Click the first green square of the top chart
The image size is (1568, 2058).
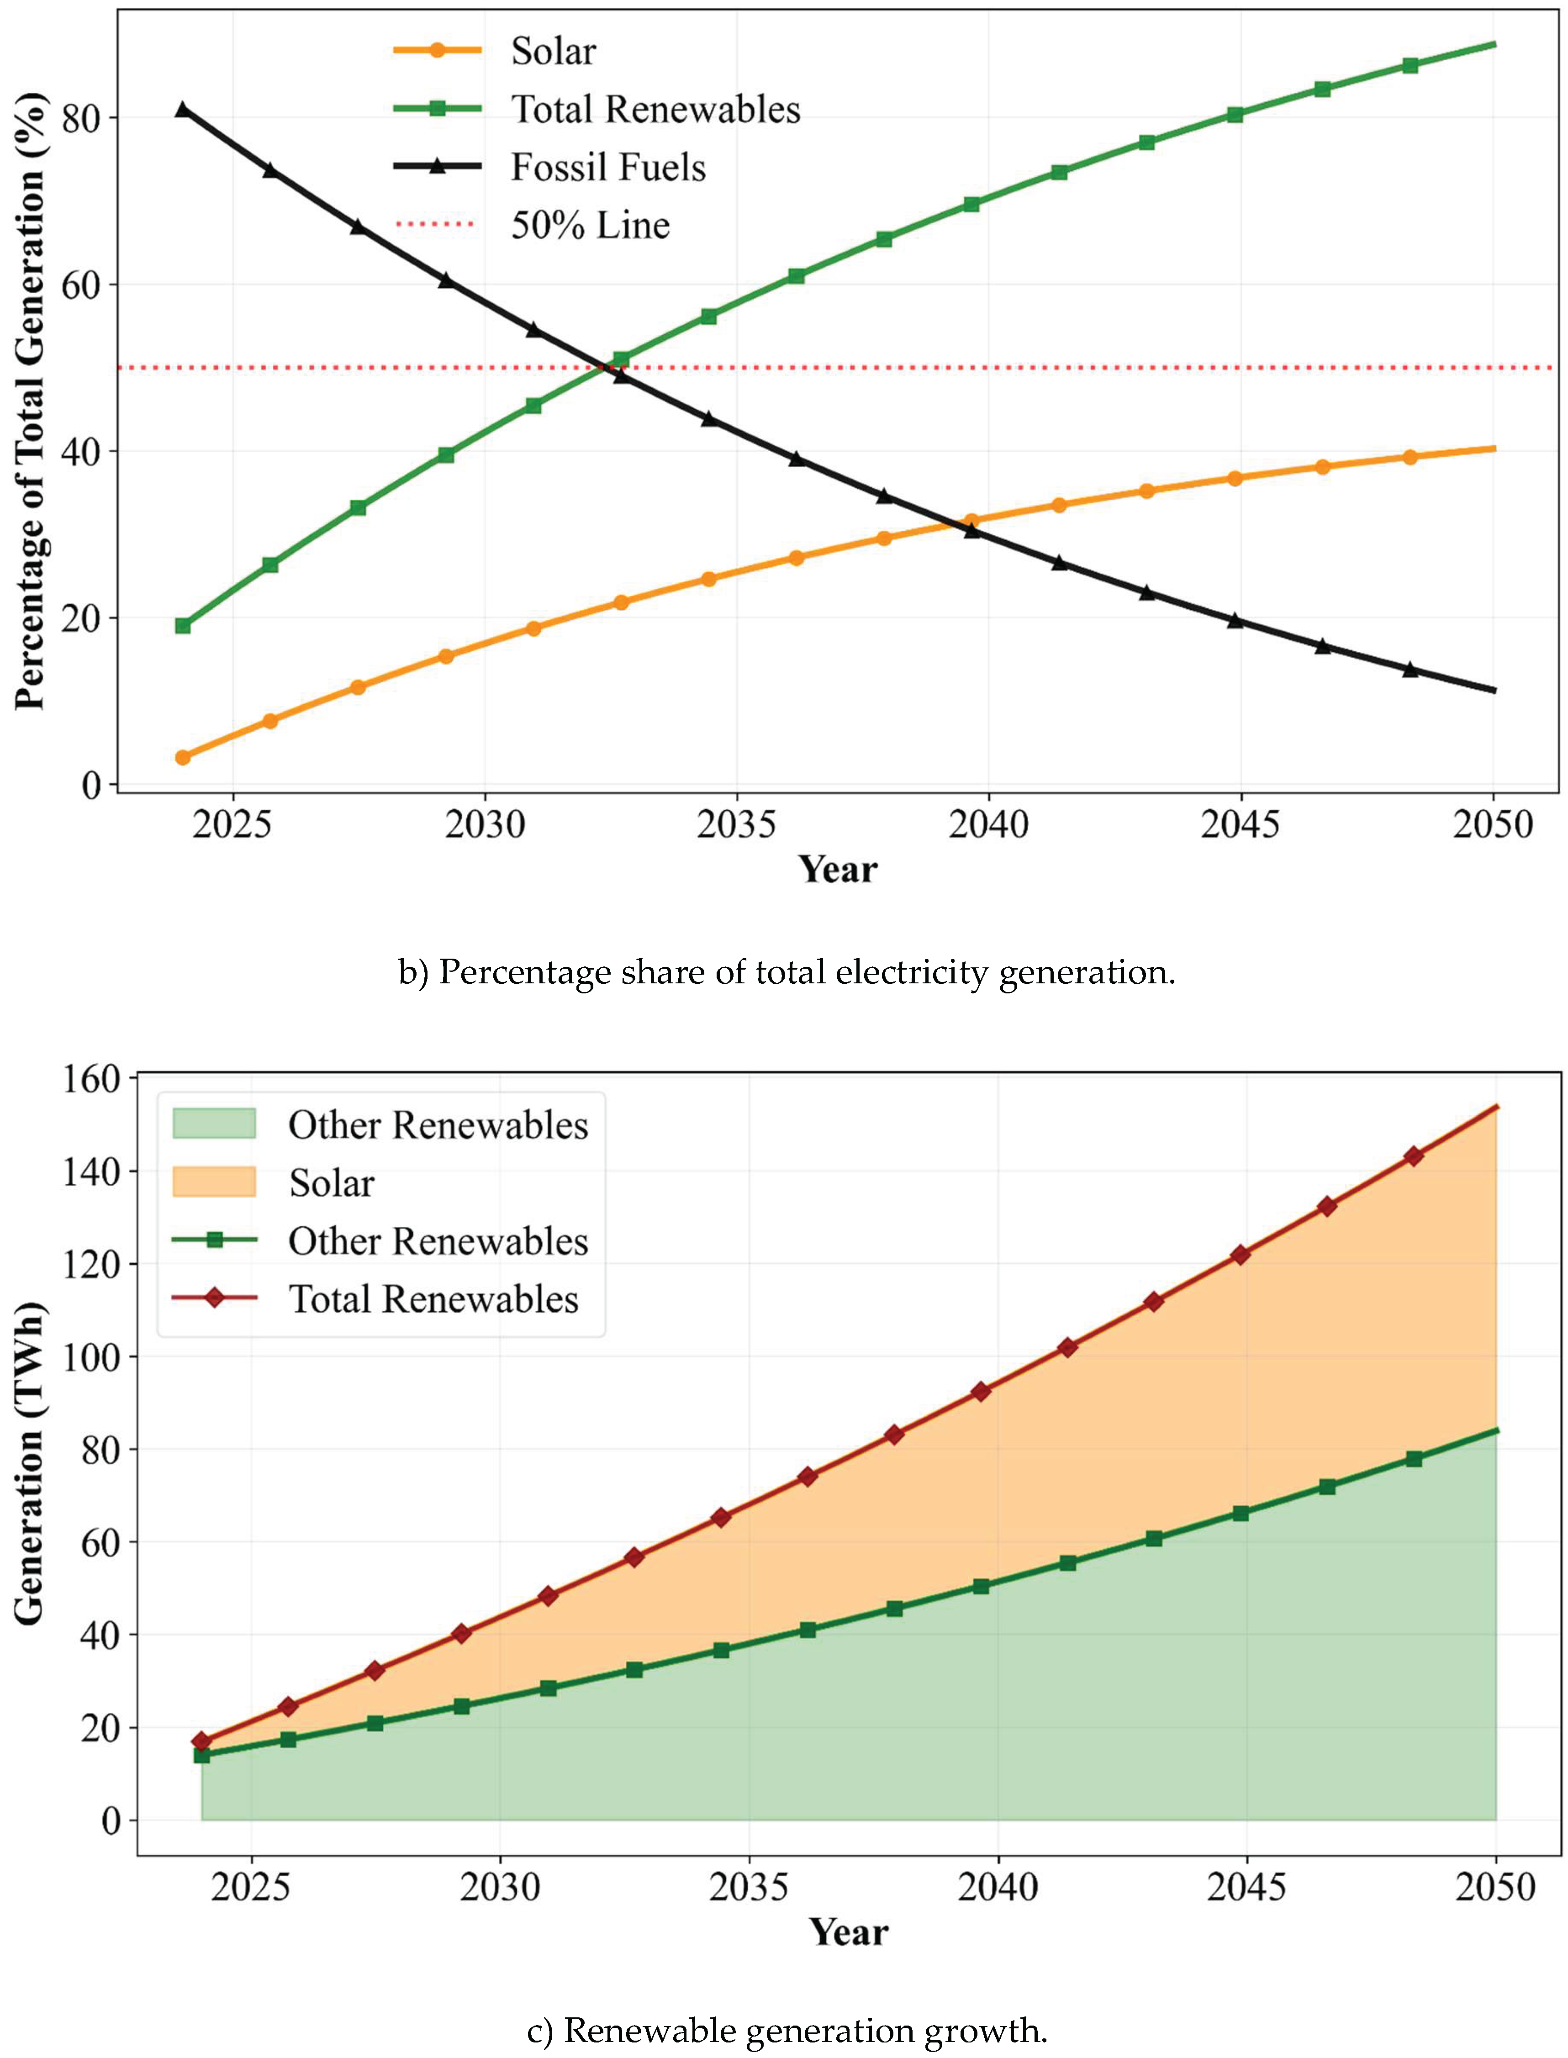(183, 625)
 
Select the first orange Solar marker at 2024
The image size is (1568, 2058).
(183, 757)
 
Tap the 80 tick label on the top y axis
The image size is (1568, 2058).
(80, 119)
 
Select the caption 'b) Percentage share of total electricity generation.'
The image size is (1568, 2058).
(786, 972)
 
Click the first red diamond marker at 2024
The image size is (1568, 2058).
(201, 1741)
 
